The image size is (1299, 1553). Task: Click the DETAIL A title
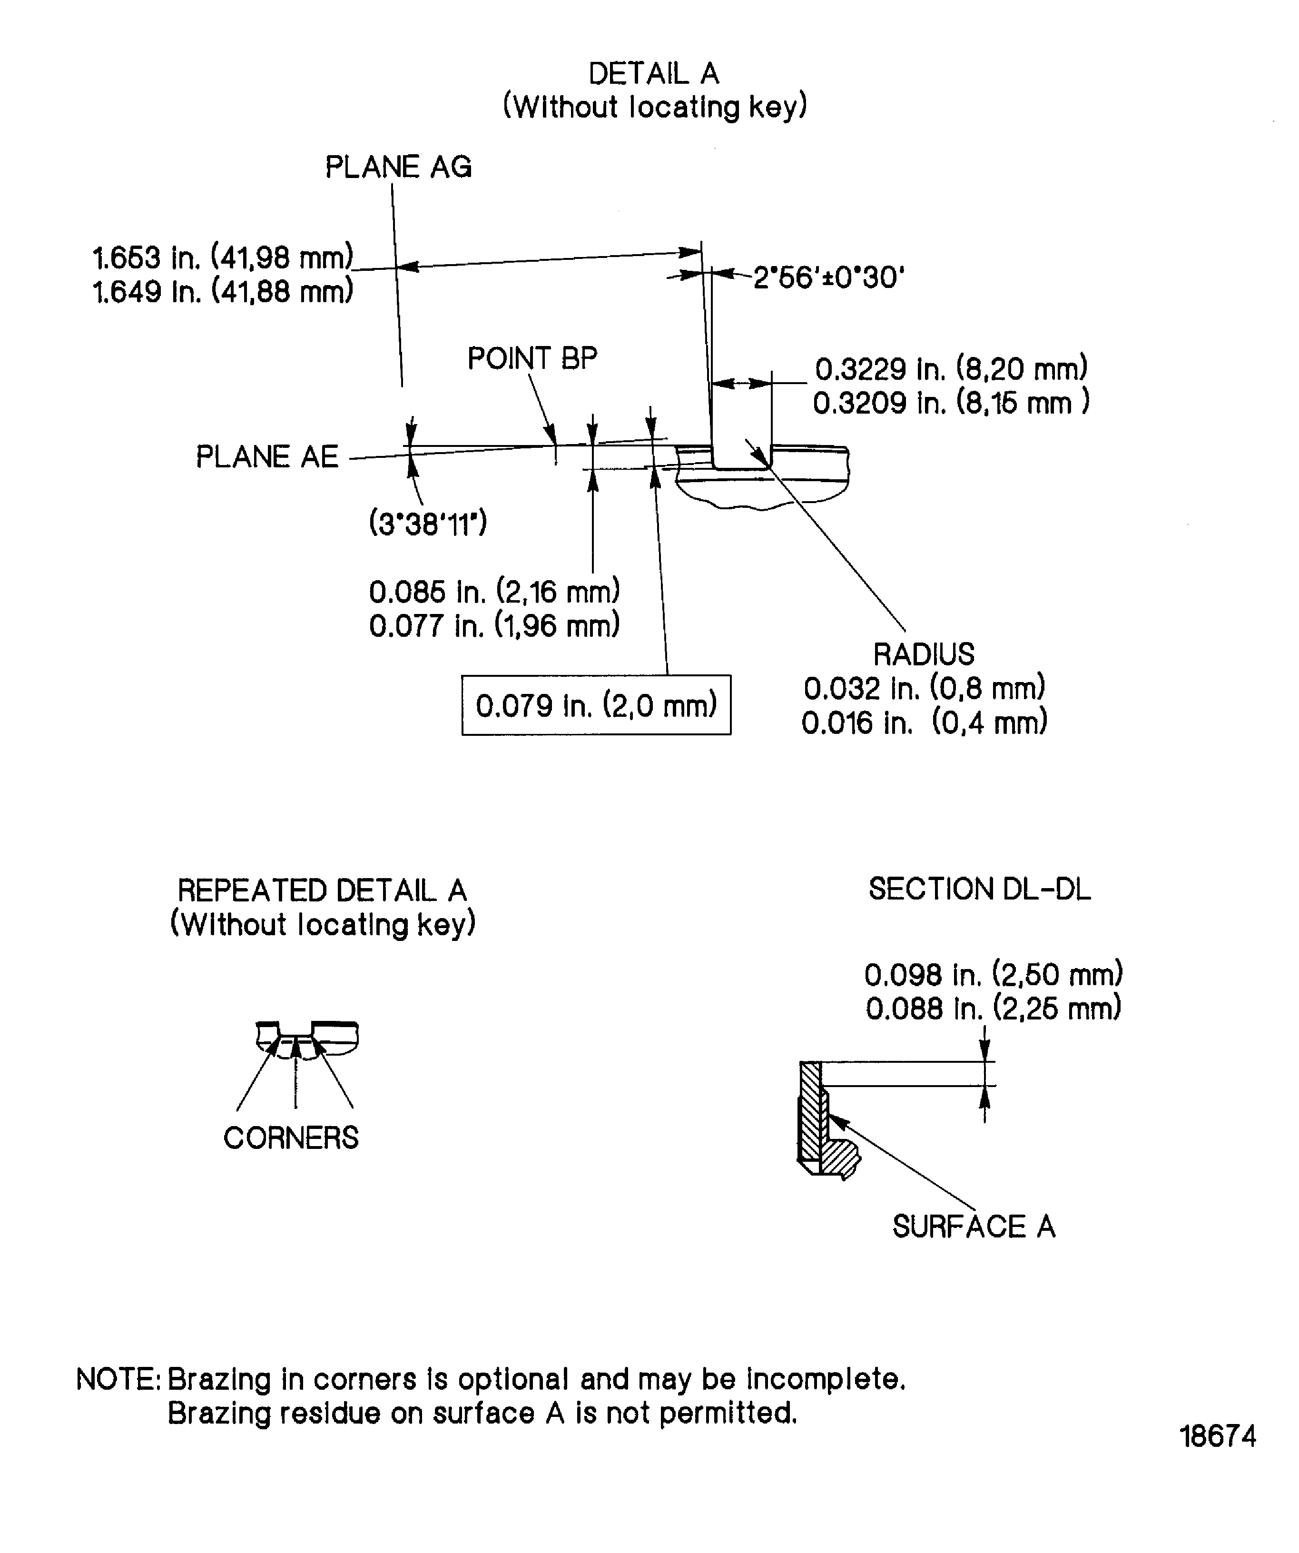[654, 74]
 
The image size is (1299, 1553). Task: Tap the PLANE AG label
[398, 167]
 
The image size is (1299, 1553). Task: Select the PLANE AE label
[267, 456]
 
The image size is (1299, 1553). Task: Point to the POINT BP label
[531, 359]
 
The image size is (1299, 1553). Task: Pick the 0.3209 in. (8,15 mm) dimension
[951, 403]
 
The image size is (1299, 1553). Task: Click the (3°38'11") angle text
[427, 524]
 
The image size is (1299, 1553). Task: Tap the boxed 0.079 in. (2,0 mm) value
[596, 705]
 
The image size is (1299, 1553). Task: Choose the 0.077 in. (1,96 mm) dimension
[494, 626]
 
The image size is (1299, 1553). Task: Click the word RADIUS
[924, 654]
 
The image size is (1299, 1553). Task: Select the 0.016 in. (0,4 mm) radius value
[924, 722]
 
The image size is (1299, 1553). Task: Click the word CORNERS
[291, 1138]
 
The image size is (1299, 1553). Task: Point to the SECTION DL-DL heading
[979, 889]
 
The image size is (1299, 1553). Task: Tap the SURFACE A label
[973, 1226]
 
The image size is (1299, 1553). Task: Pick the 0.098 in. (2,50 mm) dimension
[993, 974]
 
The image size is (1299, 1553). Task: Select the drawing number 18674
[1217, 1456]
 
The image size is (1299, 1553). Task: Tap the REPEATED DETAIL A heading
[322, 890]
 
